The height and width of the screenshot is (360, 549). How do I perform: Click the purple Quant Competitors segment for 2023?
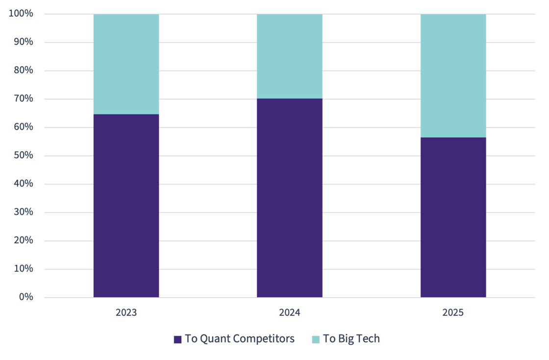click(126, 206)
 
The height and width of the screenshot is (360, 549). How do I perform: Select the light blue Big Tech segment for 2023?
click(126, 64)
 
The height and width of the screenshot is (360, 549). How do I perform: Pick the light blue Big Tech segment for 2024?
click(290, 56)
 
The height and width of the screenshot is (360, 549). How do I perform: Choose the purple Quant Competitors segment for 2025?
click(453, 217)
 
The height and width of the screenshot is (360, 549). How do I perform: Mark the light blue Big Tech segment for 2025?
click(453, 76)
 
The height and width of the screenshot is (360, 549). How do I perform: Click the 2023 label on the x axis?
click(126, 312)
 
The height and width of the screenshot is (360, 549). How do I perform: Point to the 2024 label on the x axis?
click(290, 312)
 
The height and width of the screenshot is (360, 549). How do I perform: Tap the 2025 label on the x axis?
click(453, 312)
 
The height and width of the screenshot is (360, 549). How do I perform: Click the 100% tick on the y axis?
click(21, 14)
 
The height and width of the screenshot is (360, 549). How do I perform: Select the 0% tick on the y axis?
click(26, 297)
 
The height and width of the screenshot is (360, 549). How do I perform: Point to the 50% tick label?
click(23, 155)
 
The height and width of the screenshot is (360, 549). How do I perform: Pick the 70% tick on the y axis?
click(23, 99)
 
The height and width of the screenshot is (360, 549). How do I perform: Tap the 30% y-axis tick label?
click(23, 212)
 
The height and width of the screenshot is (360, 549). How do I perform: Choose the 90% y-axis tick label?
click(23, 42)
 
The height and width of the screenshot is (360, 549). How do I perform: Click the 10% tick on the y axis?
click(23, 269)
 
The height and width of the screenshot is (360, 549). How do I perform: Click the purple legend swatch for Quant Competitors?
click(177, 339)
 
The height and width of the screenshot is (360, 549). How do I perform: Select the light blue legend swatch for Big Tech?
click(316, 339)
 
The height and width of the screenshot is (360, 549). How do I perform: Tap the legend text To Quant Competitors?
click(240, 339)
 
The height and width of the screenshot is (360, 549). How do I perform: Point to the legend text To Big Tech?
click(351, 339)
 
